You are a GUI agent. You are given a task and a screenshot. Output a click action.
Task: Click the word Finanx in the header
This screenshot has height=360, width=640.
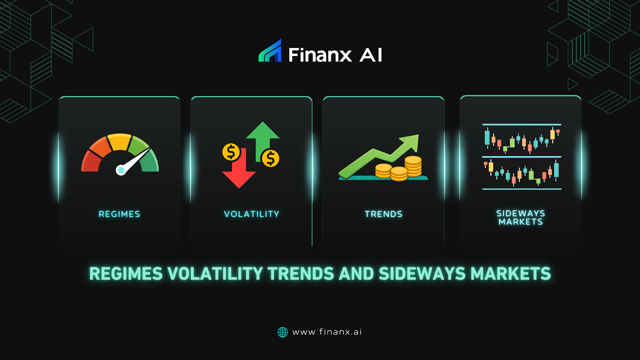(x=320, y=55)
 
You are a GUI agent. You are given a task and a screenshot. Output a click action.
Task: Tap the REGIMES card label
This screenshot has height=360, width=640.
(x=119, y=214)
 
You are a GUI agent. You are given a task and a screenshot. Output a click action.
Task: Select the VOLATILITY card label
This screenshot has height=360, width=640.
(x=252, y=214)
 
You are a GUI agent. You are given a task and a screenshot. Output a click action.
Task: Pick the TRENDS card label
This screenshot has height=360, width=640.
(x=383, y=214)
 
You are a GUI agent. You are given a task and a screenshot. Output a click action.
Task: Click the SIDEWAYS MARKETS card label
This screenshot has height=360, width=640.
(x=520, y=218)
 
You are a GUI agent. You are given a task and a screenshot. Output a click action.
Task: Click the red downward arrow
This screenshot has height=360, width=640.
(x=239, y=174)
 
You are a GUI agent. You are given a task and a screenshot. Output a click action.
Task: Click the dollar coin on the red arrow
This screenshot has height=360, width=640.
(x=231, y=152)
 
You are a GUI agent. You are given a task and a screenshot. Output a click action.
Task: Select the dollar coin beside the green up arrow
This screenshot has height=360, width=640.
(x=270, y=158)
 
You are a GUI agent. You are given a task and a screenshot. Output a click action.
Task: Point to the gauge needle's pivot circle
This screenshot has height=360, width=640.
(x=120, y=170)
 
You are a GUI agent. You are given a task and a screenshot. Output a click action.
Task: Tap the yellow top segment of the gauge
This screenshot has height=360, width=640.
(x=120, y=142)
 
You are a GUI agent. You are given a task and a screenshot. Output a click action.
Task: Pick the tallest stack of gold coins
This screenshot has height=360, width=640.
(x=413, y=166)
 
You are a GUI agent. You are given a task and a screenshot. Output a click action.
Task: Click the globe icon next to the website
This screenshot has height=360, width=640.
(x=283, y=332)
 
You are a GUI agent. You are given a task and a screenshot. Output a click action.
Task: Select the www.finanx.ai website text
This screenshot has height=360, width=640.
(x=327, y=332)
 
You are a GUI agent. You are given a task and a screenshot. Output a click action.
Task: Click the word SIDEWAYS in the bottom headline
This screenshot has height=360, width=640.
(x=422, y=274)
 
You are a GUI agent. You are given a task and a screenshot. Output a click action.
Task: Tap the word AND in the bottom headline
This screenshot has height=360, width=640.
(x=356, y=274)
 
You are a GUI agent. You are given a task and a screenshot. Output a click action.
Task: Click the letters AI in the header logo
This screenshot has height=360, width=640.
(x=371, y=55)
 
